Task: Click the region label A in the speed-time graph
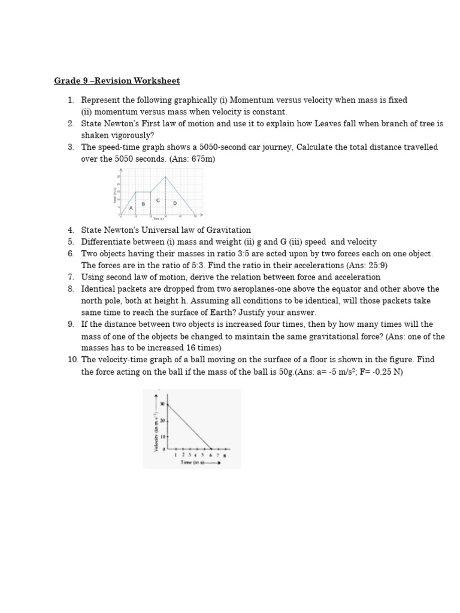tap(131, 208)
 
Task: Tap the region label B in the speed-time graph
tap(143, 204)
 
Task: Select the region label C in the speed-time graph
tap(158, 200)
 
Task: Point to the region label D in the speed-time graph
tap(175, 204)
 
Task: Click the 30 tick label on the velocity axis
tap(162, 405)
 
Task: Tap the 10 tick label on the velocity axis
tap(162, 437)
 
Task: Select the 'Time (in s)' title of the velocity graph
tap(193, 463)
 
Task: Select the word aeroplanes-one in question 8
tap(264, 289)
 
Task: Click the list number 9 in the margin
tap(70, 324)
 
